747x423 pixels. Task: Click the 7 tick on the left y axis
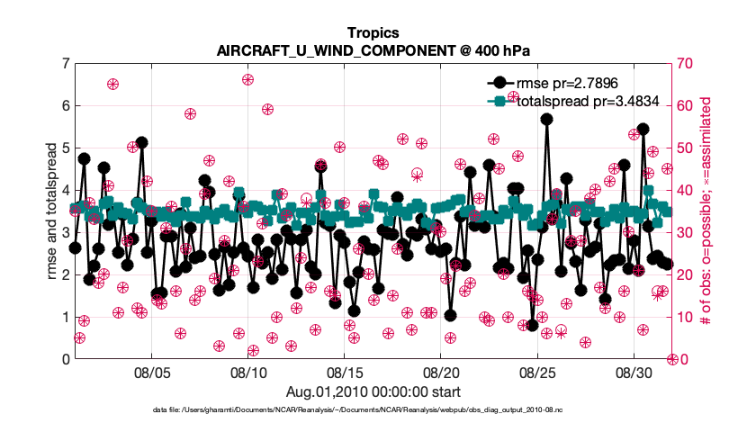pyautogui.click(x=64, y=64)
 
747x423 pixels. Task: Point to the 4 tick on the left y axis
pyautogui.click(x=64, y=191)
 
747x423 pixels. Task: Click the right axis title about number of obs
pyautogui.click(x=706, y=211)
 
